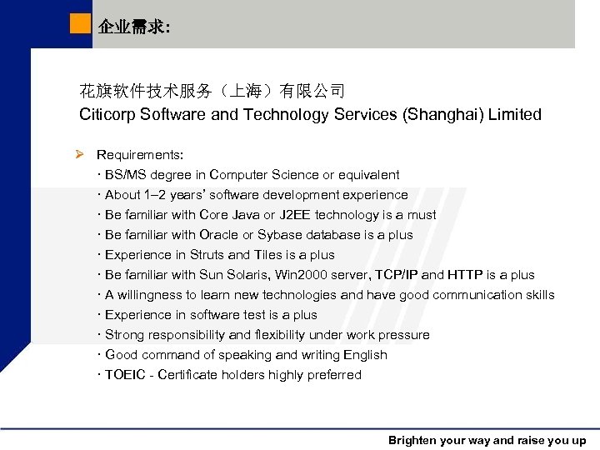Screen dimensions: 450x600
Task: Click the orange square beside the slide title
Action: pos(80,24)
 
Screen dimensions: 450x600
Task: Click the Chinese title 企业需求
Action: pos(133,27)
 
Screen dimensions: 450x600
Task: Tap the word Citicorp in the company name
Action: pos(109,114)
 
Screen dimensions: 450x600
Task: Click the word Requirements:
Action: pos(140,155)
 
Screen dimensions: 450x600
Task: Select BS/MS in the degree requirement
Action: pos(124,175)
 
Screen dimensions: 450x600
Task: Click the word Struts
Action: pos(207,255)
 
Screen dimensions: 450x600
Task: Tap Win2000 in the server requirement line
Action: pos(302,275)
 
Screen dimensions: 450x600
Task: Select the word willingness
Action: pos(150,295)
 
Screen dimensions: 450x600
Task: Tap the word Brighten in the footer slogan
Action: pos(414,441)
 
